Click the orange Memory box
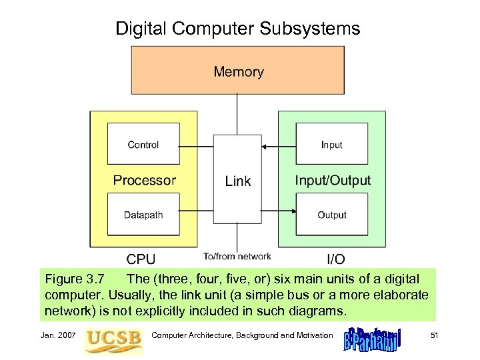(238, 70)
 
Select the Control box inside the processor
(143, 144)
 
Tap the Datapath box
(143, 215)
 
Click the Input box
(331, 144)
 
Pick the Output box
(331, 215)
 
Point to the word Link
(238, 181)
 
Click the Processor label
(144, 180)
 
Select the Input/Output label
(333, 180)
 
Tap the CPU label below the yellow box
(142, 259)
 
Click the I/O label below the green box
(335, 259)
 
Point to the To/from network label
(237, 256)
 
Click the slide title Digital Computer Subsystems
(238, 29)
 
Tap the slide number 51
(433, 335)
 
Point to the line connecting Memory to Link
(238, 115)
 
